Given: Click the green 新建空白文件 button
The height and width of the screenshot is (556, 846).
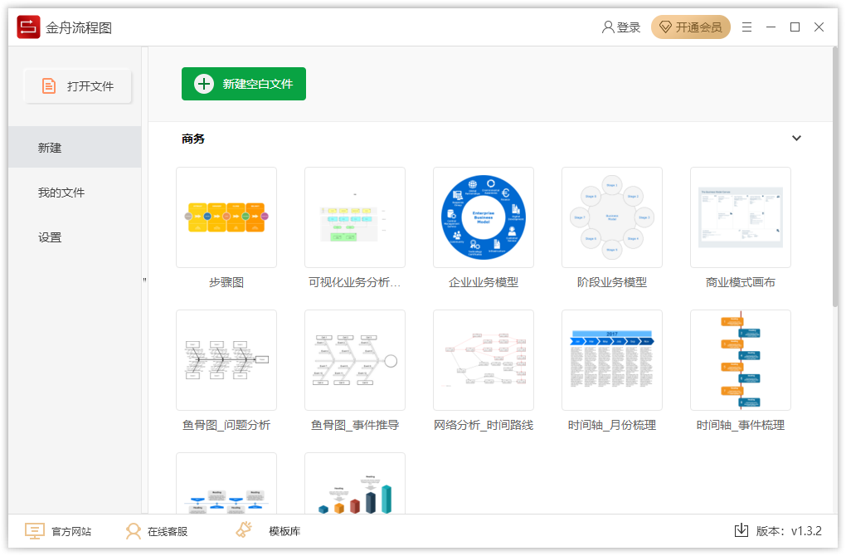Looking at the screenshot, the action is point(244,84).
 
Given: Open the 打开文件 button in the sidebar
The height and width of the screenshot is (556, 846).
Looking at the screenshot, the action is point(78,86).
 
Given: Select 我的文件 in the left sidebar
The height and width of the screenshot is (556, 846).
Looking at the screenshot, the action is point(61,193).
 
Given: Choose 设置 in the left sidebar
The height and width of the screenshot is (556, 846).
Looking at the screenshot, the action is point(50,237).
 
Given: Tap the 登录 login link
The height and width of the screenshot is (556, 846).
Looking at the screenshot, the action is point(621,27).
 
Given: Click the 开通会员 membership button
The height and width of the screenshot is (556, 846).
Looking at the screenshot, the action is point(691,27).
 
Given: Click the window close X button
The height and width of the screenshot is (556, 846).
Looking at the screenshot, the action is point(819,27).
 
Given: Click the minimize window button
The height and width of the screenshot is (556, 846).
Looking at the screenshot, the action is point(771,27).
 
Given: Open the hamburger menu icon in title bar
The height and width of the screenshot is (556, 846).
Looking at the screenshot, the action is point(747,27).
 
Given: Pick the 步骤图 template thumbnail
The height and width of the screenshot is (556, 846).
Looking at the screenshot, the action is point(226,217).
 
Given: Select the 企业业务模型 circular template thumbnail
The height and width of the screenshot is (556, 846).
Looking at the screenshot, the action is point(484,217).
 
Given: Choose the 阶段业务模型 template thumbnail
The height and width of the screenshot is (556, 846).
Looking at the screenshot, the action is point(612,217).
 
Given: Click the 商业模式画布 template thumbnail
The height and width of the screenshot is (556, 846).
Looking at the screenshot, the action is point(741,217).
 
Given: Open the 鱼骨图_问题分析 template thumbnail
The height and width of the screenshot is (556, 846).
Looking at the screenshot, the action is point(226,360).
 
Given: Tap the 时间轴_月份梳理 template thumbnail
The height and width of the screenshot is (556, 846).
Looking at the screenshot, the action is point(612,360).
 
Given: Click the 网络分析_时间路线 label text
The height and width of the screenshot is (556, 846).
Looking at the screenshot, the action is point(484,425).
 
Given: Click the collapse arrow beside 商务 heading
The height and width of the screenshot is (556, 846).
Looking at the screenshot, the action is point(796,139).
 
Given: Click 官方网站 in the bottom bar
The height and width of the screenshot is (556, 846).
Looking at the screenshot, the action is point(58,531).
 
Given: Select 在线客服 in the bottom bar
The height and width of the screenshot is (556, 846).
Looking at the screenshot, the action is point(157,531).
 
